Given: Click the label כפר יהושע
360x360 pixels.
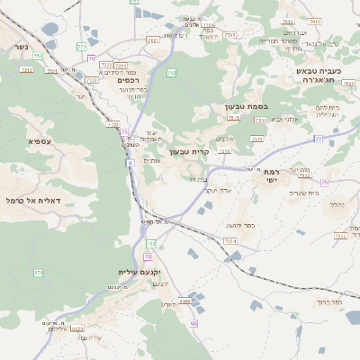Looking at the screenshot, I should [x=238, y=225].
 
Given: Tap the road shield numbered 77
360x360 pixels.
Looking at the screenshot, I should [x=318, y=138].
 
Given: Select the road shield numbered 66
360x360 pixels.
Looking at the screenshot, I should [x=194, y=321].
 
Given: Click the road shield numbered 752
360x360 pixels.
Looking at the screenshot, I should [x=35, y=55].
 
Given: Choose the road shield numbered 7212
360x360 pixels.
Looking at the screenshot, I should [x=106, y=65].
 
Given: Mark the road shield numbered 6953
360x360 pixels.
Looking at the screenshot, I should [x=77, y=328].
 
